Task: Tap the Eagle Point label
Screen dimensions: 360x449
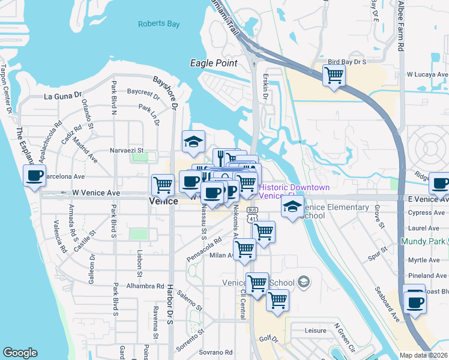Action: tap(213, 63)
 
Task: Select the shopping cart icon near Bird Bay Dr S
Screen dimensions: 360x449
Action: tap(334, 76)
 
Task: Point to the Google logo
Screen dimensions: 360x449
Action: tap(20, 353)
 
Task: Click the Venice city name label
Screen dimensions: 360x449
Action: tap(163, 202)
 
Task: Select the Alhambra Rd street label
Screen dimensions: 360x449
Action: tap(145, 287)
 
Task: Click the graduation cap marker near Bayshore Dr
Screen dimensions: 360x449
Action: tap(194, 142)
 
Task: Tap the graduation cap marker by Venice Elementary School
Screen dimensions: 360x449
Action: tap(292, 208)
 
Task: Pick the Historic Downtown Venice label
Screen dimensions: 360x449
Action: tap(294, 192)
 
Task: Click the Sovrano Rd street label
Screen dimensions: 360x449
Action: tap(215, 352)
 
